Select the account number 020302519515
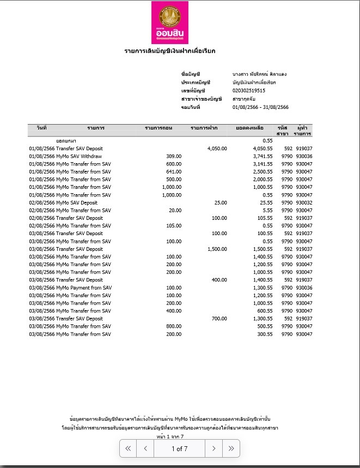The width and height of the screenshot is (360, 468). coord(248,90)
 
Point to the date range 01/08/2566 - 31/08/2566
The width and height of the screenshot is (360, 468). coord(260,107)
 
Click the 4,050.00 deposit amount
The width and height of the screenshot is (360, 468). coord(217,149)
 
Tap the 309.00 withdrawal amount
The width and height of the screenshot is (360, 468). coord(174,156)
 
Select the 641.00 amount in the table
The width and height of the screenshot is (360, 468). coord(174,171)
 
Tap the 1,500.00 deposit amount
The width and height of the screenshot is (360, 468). coord(217,249)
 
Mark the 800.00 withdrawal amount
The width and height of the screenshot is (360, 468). coord(174,327)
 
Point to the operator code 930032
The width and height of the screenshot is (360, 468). coord(304,202)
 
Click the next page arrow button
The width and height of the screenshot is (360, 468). coord(213,449)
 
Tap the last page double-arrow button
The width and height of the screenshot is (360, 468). coord(231,449)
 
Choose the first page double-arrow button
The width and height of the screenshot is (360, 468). coord(128,449)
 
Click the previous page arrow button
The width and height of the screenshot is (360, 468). coord(145,449)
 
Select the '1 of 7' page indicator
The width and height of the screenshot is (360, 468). coord(179,449)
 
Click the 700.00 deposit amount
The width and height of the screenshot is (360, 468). coord(219,319)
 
